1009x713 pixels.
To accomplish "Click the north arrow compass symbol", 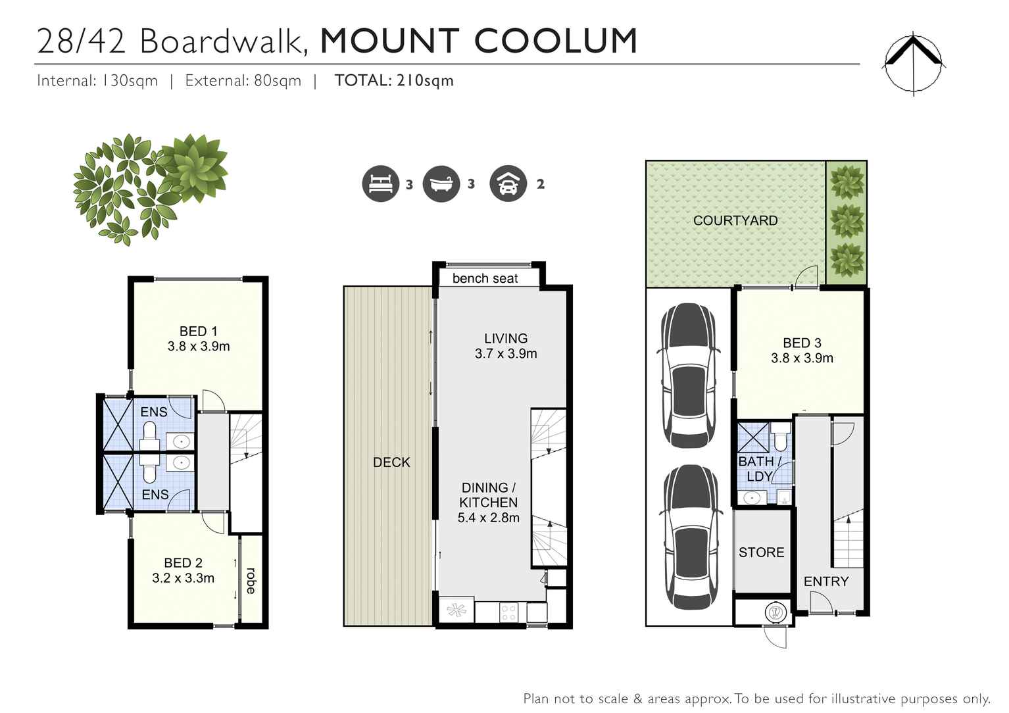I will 914,64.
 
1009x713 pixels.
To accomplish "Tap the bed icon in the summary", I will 380,184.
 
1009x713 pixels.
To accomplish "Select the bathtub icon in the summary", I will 441,184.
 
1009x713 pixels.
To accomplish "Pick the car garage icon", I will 508,184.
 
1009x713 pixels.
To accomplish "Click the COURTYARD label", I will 735,220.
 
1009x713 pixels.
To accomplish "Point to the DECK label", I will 391,462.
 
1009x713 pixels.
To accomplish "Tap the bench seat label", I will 485,278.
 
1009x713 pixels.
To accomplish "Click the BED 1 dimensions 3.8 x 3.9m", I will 198,347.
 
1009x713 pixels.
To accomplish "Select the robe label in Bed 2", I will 251,580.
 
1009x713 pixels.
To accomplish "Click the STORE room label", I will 761,553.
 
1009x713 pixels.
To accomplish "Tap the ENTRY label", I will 825,581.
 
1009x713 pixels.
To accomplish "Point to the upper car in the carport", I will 689,375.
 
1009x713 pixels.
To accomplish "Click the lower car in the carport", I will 690,537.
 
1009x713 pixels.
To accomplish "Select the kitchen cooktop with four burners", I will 508,612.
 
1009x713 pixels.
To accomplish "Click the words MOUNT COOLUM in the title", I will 478,41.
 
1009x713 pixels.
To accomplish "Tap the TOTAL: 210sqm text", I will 394,80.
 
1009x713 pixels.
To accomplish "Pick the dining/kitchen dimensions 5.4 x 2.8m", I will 488,518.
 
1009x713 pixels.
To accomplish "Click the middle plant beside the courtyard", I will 847,221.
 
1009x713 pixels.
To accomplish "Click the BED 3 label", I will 801,343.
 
